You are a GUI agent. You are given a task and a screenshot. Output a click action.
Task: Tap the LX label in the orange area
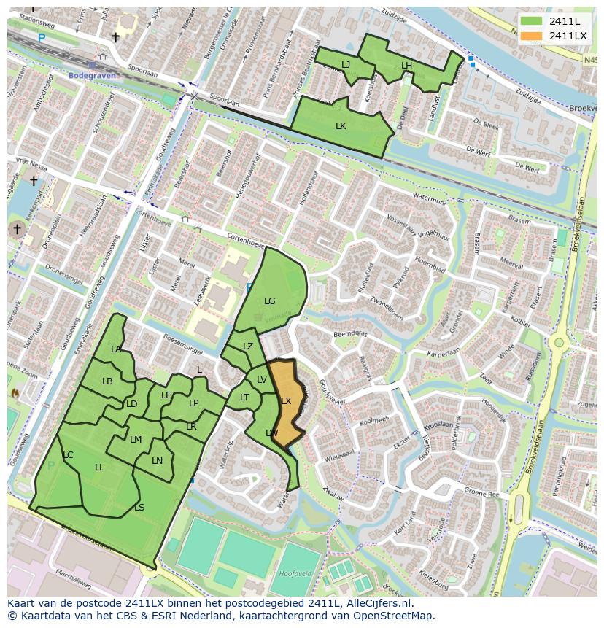click(x=286, y=401)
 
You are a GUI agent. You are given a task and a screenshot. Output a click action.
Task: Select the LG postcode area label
click(x=269, y=301)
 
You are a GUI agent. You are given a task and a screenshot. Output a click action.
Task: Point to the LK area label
click(x=341, y=126)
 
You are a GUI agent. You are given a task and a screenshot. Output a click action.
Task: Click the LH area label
click(x=406, y=66)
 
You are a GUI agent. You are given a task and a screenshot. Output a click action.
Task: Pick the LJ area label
click(x=346, y=65)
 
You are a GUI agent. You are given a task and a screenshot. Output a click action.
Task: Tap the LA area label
click(x=116, y=349)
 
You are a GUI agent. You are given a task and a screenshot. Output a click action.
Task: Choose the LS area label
click(x=139, y=508)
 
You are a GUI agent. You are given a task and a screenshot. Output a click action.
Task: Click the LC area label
click(x=68, y=455)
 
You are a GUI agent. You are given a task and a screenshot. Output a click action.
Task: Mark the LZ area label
click(x=248, y=346)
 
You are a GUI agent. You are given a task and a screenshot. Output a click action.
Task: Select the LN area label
click(x=157, y=461)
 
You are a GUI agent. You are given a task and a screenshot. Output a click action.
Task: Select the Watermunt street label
click(x=429, y=198)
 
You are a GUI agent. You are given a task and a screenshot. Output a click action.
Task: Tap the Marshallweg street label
click(x=73, y=582)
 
